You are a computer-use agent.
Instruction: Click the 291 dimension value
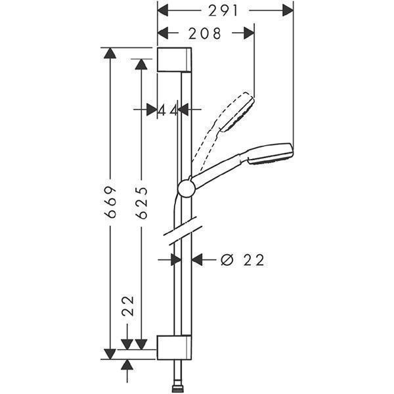[223, 11]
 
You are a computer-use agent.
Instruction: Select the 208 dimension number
[205, 33]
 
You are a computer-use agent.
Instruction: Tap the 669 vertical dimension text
[110, 202]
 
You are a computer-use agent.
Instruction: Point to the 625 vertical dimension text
[141, 202]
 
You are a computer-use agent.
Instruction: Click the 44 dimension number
[168, 110]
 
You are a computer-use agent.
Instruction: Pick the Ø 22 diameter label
[242, 260]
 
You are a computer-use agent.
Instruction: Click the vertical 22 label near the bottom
[127, 306]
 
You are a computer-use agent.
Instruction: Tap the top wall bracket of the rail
[175, 60]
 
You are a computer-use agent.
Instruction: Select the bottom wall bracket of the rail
[174, 347]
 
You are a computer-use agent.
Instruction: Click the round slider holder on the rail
[186, 188]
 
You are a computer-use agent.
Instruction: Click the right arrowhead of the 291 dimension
[288, 11]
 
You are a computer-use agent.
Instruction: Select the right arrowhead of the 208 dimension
[249, 33]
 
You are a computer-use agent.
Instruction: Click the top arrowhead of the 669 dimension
[110, 53]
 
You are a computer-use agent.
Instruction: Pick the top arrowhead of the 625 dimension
[141, 64]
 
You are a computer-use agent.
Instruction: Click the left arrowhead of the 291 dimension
[163, 11]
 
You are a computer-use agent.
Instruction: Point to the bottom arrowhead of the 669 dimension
[110, 354]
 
